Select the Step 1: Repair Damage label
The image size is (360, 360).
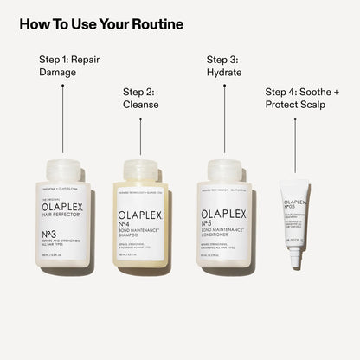(70, 67)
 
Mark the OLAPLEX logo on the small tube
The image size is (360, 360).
(295, 204)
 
